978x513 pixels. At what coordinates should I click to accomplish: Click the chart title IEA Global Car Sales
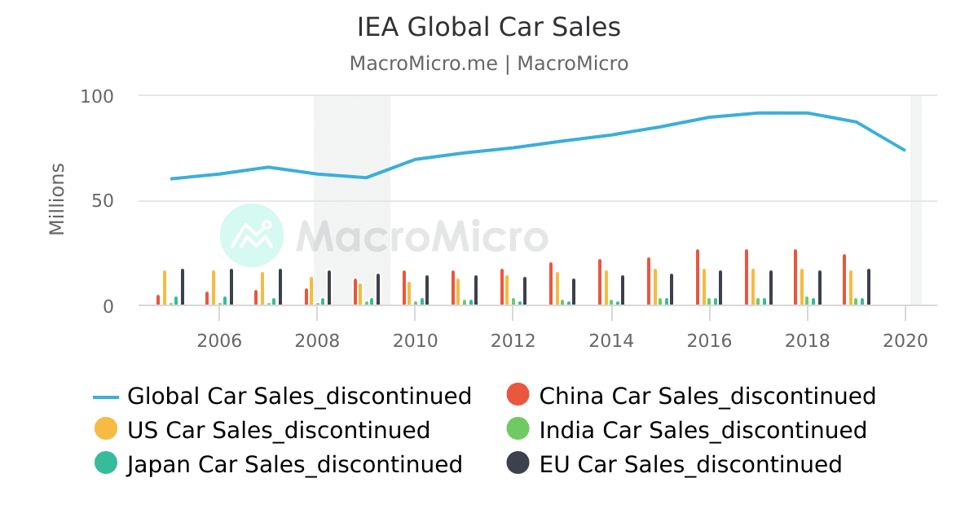coord(488,28)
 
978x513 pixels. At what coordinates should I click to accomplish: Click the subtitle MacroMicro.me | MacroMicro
coord(488,64)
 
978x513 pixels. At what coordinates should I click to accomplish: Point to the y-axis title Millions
coord(57,199)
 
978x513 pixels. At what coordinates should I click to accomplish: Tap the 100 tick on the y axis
coord(96,96)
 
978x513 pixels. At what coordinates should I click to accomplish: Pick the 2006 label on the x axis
coord(219,340)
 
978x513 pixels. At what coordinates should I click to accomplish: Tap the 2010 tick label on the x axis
coord(416,340)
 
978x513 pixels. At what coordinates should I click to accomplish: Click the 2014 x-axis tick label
coord(611,340)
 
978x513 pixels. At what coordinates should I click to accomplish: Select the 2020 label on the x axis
coord(905,340)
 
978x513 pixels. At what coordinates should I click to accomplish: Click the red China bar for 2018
coord(795,278)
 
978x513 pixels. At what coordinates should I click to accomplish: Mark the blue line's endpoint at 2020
coord(905,151)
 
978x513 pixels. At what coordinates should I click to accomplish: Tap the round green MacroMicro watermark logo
coord(252,235)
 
